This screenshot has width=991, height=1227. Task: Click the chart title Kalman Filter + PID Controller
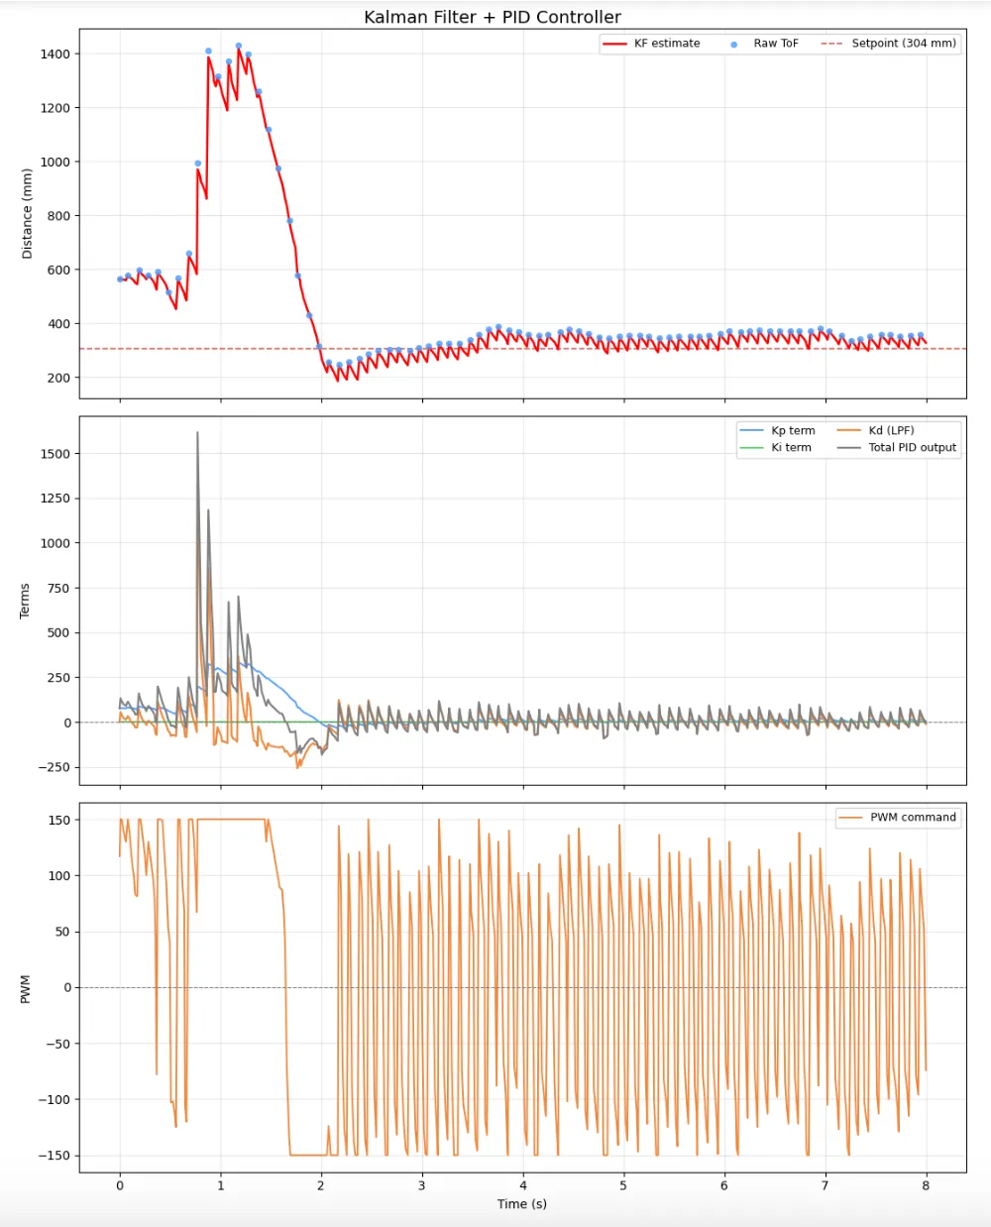click(493, 17)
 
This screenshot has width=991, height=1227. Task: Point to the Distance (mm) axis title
click(27, 213)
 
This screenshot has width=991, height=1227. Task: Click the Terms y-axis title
click(25, 601)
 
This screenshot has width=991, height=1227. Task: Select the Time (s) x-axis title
click(522, 1204)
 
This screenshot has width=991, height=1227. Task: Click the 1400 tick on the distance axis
click(55, 54)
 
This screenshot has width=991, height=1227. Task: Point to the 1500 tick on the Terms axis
click(55, 454)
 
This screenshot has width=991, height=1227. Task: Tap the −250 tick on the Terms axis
click(53, 768)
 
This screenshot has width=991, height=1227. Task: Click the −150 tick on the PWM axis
click(55, 1156)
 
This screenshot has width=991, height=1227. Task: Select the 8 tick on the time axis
click(926, 1185)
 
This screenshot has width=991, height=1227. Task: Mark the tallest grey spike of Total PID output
click(197, 433)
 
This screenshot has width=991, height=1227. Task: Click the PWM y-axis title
click(25, 988)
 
